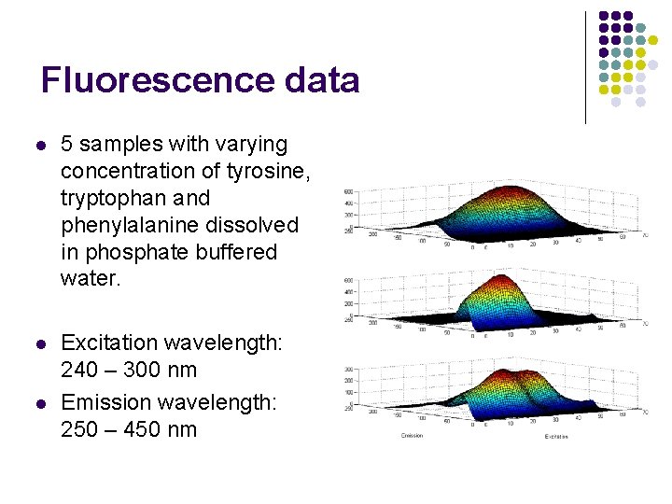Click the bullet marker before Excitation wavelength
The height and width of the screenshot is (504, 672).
coord(39,343)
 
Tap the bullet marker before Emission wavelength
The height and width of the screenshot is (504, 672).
coord(39,403)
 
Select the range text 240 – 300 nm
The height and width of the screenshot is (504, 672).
coord(129,370)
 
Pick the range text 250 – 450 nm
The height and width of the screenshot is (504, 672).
coord(129,429)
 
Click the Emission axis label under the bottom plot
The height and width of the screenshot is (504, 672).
coord(412,436)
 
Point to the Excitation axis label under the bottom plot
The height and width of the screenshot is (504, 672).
coord(556,436)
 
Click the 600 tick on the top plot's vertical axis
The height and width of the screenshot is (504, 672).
coord(347,192)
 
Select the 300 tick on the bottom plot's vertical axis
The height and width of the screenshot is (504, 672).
coord(347,370)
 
